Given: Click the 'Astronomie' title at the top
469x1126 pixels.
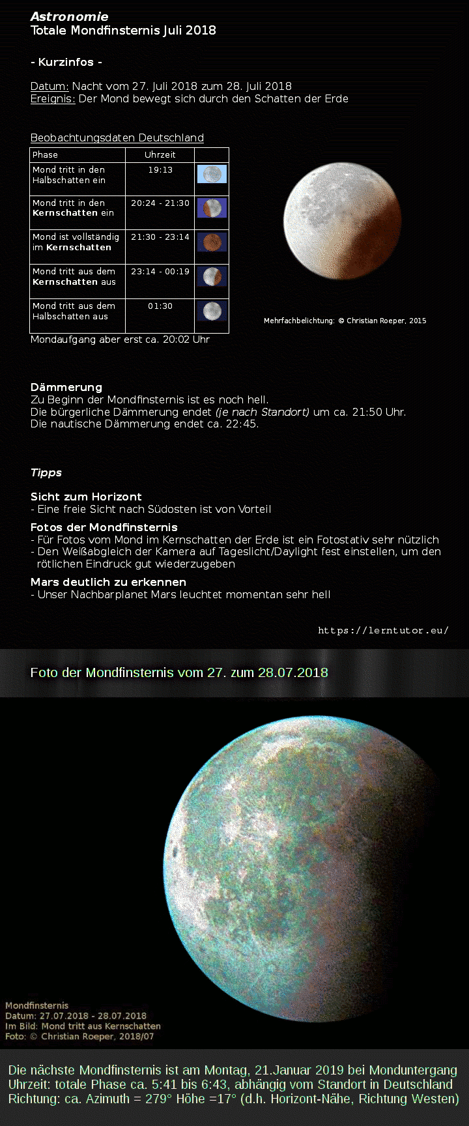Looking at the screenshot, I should point(69,16).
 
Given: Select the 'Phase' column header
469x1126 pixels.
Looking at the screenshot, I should point(46,155).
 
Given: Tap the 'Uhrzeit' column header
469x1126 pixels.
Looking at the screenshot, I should point(160,155).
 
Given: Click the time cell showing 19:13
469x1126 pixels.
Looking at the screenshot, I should point(160,170).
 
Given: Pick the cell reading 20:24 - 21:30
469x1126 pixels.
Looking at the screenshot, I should point(160,203).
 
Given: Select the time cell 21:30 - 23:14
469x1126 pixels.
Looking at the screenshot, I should point(160,237).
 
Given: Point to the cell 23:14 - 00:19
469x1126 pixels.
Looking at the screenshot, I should point(160,272).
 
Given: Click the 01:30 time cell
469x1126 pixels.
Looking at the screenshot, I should point(160,306).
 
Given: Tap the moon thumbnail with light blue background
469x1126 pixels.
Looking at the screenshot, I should point(212,174).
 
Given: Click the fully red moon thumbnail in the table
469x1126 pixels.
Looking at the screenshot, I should point(212,242).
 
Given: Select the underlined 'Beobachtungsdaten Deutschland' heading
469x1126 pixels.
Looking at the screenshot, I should point(117,138).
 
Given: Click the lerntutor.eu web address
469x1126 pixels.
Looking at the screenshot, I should point(383,630).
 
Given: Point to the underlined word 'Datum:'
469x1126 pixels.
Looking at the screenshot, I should point(50,86).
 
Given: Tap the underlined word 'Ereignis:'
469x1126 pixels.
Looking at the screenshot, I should point(53,99).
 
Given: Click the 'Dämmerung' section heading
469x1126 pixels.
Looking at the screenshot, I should point(66,387).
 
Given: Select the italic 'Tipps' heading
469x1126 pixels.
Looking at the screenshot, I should point(46,472).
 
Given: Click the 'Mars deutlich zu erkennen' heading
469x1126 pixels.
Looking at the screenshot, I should point(108,582).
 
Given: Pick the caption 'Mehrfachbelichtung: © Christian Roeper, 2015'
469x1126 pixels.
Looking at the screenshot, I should point(345,321).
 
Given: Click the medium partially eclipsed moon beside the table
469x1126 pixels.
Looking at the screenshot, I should point(342,222).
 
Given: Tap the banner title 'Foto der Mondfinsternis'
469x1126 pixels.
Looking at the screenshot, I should point(178,672).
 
